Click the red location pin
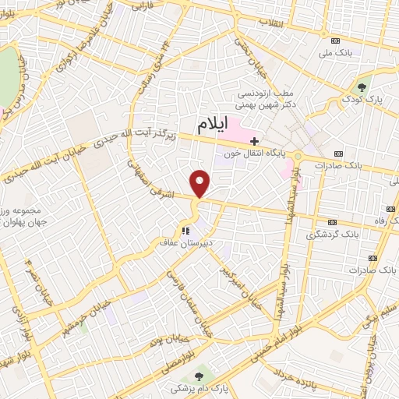pyautogui.click(x=201, y=184)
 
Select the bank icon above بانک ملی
pyautogui.click(x=335, y=40)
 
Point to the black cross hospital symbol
pyautogui.click(x=254, y=140)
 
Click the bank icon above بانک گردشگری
pyautogui.click(x=335, y=221)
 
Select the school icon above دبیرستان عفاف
pyautogui.click(x=185, y=231)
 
